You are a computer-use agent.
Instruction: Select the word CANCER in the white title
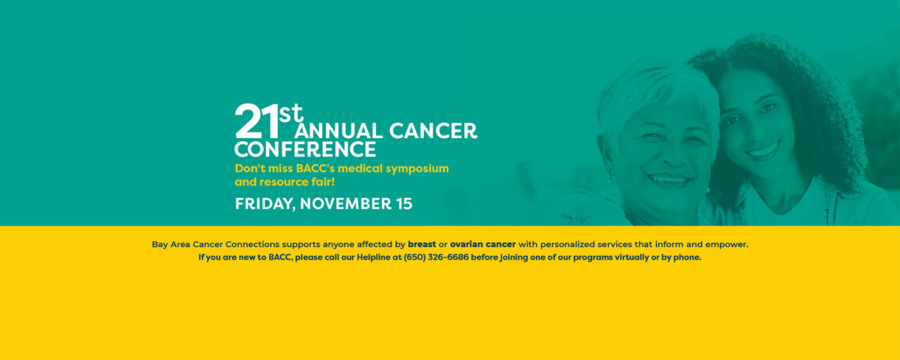tap(433, 130)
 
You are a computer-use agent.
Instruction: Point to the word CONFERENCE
tap(306, 149)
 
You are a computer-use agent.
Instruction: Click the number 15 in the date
tap(404, 204)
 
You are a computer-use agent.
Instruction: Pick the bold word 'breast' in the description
tap(422, 244)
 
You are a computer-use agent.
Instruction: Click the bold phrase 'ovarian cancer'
tap(482, 244)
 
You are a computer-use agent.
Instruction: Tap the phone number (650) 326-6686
tap(437, 257)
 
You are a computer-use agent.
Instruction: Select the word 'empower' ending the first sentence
tap(729, 245)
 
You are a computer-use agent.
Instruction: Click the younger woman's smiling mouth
tap(763, 151)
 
